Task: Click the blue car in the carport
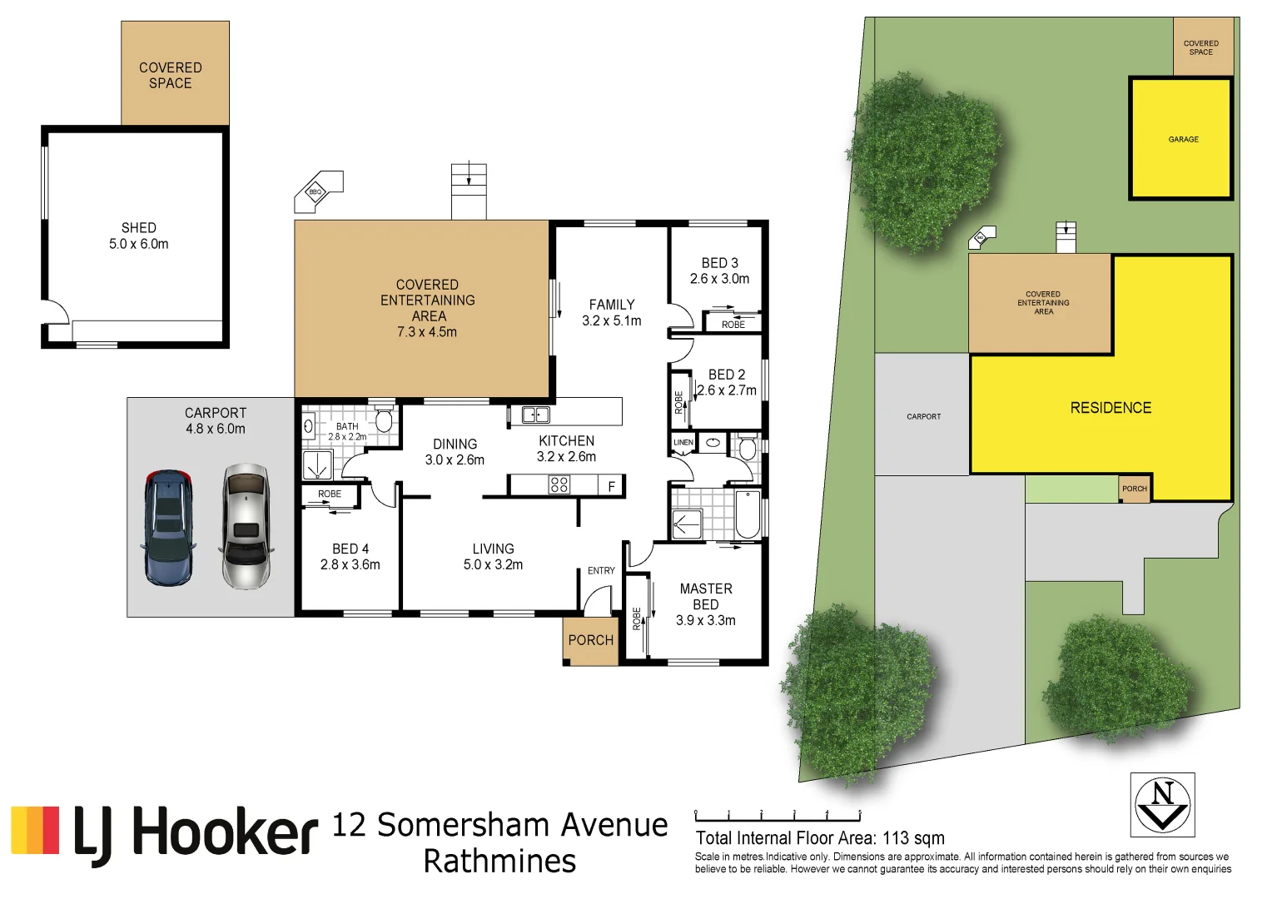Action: pyautogui.click(x=169, y=528)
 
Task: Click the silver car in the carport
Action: pyautogui.click(x=246, y=526)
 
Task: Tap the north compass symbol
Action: pyautogui.click(x=1162, y=804)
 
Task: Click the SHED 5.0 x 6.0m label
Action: pyautogui.click(x=138, y=236)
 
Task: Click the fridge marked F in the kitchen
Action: pyautogui.click(x=611, y=486)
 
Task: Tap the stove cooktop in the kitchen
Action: pyautogui.click(x=559, y=484)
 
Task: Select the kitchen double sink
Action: pyautogui.click(x=534, y=415)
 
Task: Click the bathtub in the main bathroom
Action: pyautogui.click(x=748, y=514)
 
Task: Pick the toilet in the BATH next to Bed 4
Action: pyautogui.click(x=383, y=419)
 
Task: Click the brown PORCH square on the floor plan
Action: pyautogui.click(x=590, y=640)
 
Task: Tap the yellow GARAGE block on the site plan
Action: pyautogui.click(x=1181, y=139)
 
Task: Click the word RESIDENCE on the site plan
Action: pyautogui.click(x=1111, y=408)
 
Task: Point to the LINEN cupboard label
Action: pyautogui.click(x=683, y=442)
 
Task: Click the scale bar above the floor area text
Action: pyautogui.click(x=778, y=815)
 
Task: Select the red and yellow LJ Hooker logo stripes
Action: pyautogui.click(x=35, y=830)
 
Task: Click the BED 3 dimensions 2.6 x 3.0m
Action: pyautogui.click(x=719, y=279)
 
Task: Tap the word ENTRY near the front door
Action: pyautogui.click(x=601, y=570)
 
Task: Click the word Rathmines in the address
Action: pyautogui.click(x=499, y=861)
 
